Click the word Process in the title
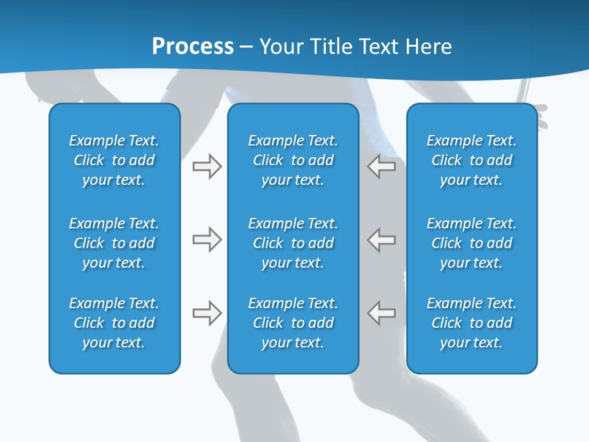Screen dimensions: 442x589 pyautogui.click(x=193, y=47)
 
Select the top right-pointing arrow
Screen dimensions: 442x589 pyautogui.click(x=207, y=166)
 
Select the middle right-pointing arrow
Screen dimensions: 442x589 pyautogui.click(x=207, y=239)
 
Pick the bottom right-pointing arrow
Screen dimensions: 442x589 pyautogui.click(x=207, y=313)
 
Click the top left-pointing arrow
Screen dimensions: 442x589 pyautogui.click(x=382, y=166)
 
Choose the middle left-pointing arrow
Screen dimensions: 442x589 pyautogui.click(x=382, y=239)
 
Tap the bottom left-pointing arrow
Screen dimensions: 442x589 pyautogui.click(x=382, y=313)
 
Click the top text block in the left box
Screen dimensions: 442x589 pyautogui.click(x=114, y=160)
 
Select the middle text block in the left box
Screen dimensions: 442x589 pyautogui.click(x=114, y=243)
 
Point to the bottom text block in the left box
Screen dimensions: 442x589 pyautogui.click(x=114, y=323)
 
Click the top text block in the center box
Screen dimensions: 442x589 pyautogui.click(x=293, y=160)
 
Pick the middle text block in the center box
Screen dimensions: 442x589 pyautogui.click(x=293, y=243)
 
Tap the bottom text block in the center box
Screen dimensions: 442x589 pyautogui.click(x=293, y=323)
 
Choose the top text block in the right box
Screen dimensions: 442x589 pyautogui.click(x=471, y=160)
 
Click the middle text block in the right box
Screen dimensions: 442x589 pyautogui.click(x=471, y=243)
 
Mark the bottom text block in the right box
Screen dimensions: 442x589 pyautogui.click(x=471, y=323)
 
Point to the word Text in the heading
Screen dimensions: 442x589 pyautogui.click(x=378, y=47)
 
